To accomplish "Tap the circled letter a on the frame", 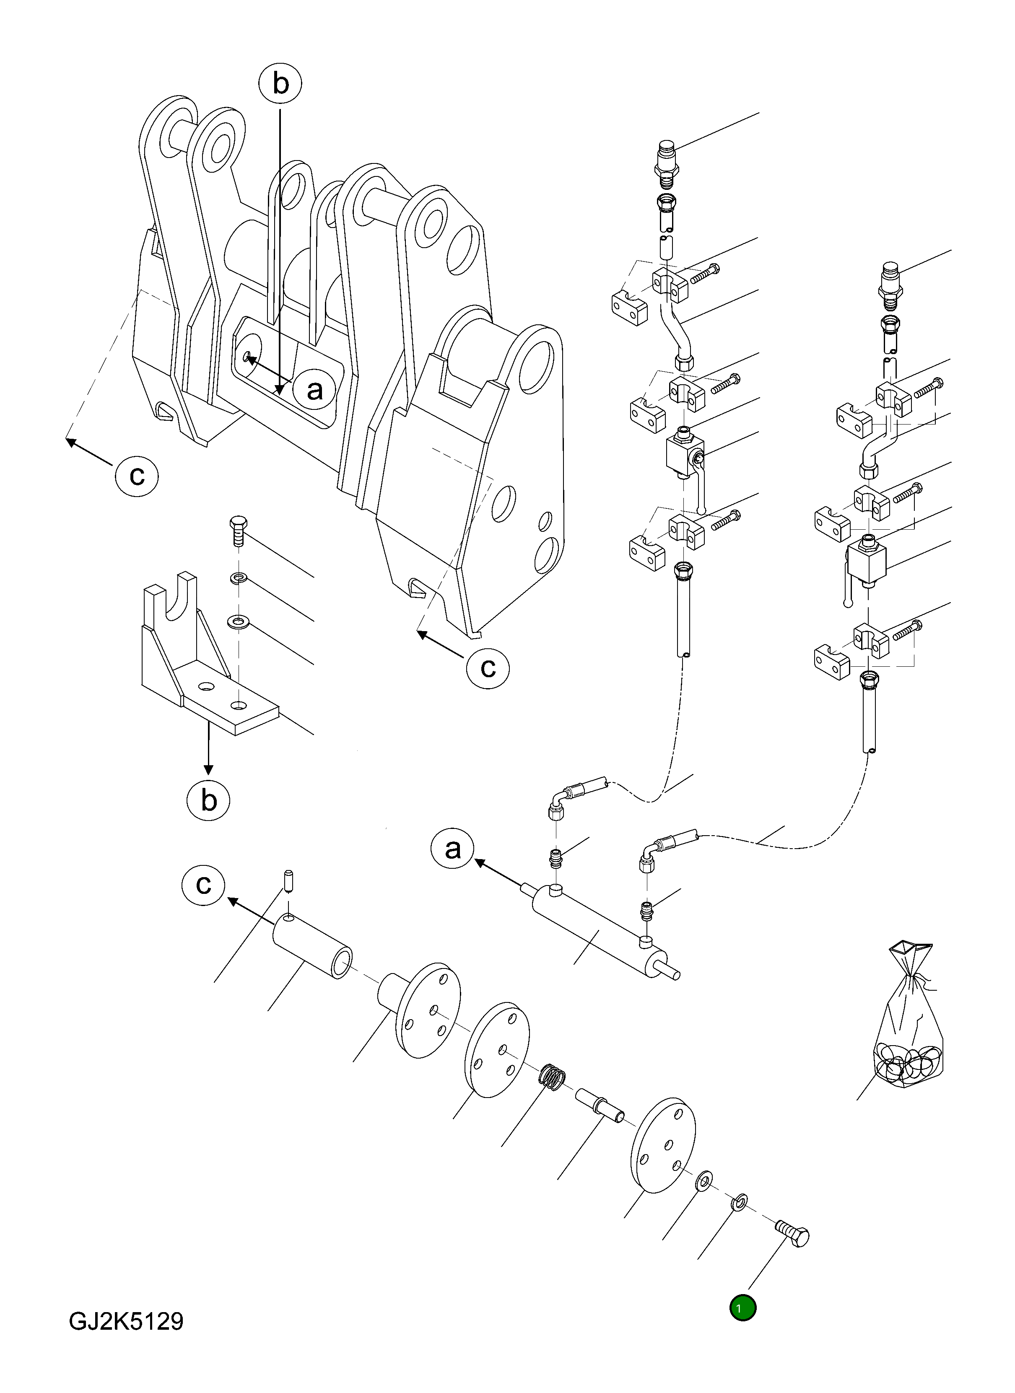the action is pos(314,389).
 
